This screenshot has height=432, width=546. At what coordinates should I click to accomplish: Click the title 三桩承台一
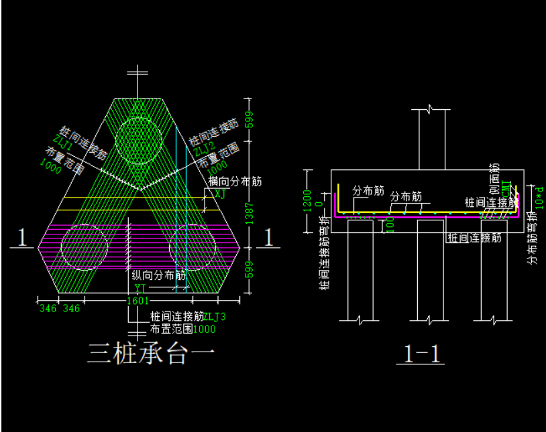(x=150, y=353)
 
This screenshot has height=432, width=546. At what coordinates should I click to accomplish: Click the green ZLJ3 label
(x=215, y=317)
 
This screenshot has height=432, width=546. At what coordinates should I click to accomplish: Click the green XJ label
(x=220, y=194)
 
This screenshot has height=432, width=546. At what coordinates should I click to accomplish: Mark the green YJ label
(x=140, y=288)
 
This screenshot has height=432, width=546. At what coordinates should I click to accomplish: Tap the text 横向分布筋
(x=235, y=181)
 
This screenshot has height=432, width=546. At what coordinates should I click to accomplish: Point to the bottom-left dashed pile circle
(x=83, y=246)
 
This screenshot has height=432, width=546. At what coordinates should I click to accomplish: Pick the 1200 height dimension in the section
(x=309, y=200)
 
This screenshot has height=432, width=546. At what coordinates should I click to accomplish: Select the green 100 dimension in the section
(x=390, y=226)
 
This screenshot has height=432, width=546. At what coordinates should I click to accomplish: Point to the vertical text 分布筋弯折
(x=533, y=238)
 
